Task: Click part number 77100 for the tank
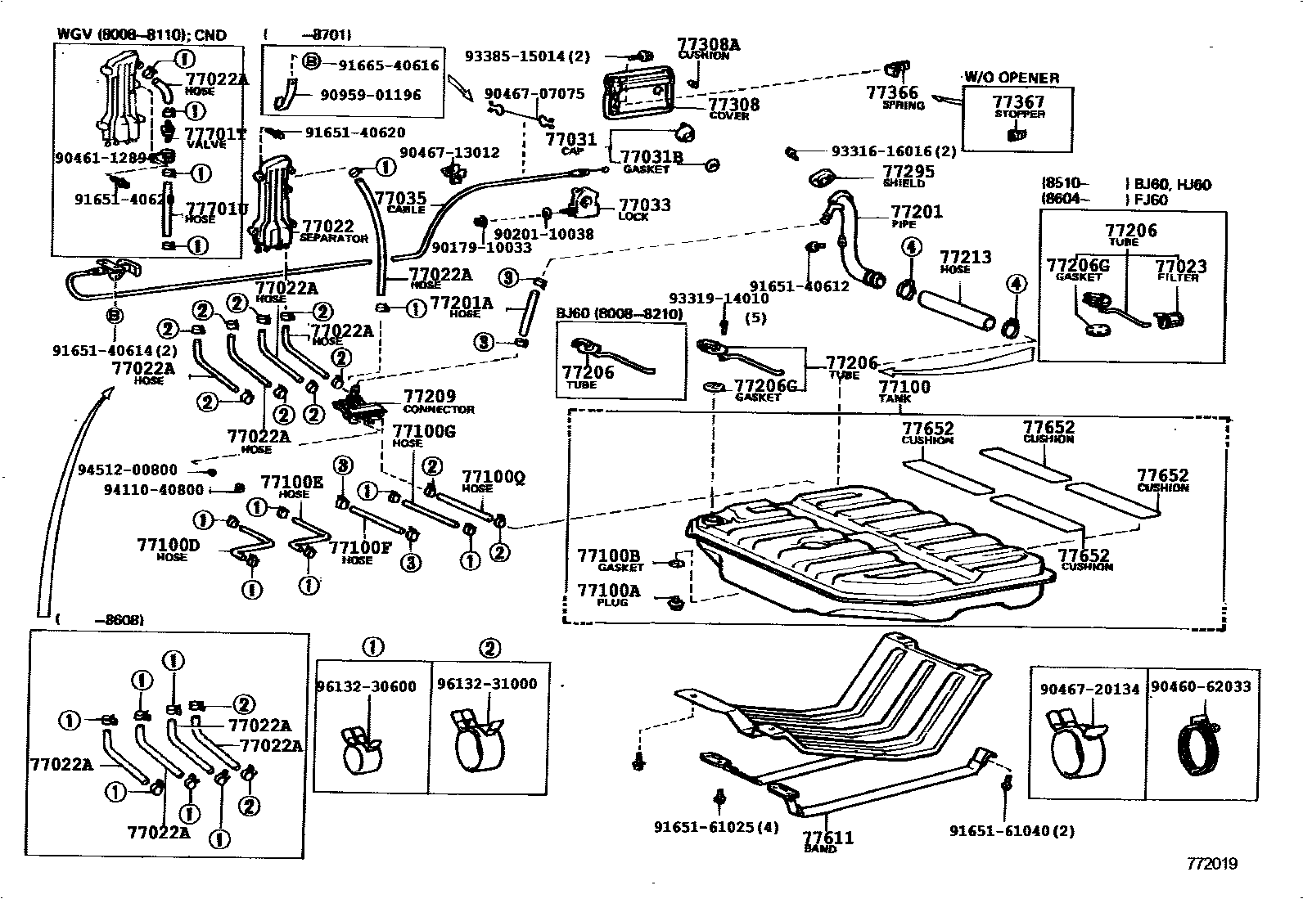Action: (x=904, y=387)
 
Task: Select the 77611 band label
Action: (x=827, y=838)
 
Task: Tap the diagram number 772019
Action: (x=1213, y=864)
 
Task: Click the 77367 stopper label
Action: (x=1018, y=102)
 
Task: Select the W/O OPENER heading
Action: (x=1012, y=78)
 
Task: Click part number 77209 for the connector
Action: (x=430, y=397)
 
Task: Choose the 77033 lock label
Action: (x=644, y=205)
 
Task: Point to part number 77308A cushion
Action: (x=708, y=45)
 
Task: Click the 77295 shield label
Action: (x=908, y=172)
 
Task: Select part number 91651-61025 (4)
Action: (x=716, y=828)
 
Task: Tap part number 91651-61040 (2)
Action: (x=1012, y=831)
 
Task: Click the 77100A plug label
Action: (x=609, y=591)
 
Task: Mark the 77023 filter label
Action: (x=1180, y=267)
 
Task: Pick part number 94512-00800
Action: (x=128, y=470)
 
